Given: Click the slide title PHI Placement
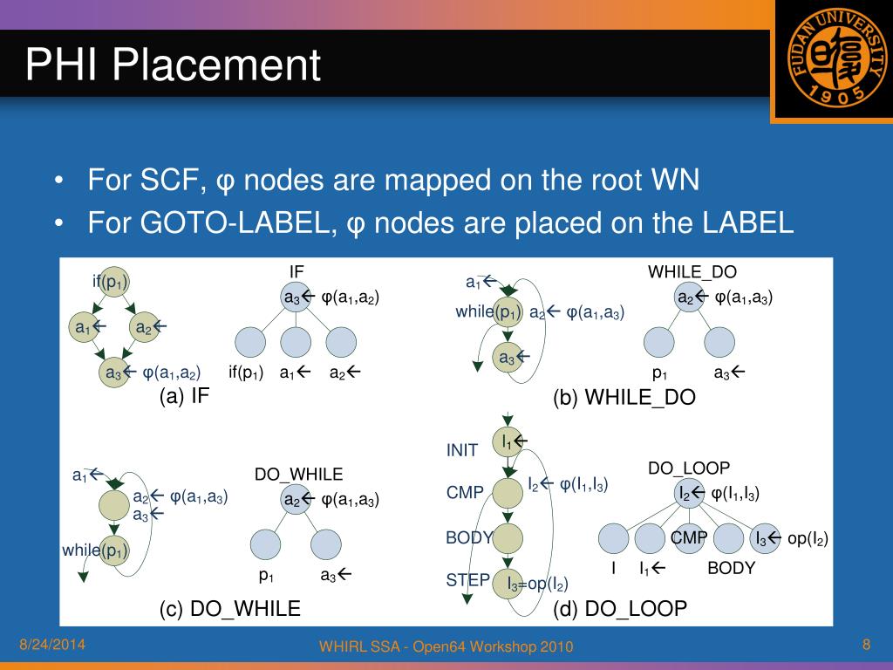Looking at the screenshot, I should point(173,65).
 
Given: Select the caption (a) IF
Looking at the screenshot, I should point(184,396).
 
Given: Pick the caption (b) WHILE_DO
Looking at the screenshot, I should point(624,398).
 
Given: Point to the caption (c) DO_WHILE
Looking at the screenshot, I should point(230,608).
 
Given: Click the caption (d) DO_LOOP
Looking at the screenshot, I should point(619,608).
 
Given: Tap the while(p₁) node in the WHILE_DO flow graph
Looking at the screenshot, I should point(506,312).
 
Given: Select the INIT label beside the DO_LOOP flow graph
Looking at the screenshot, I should point(462,450).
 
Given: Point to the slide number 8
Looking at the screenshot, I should point(866,645).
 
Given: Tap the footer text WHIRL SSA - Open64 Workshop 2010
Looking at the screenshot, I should point(446,646).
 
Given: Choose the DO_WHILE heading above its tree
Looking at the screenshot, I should point(298,475).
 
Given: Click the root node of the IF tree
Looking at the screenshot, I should point(295,297).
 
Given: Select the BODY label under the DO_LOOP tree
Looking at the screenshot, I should point(731,569).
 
